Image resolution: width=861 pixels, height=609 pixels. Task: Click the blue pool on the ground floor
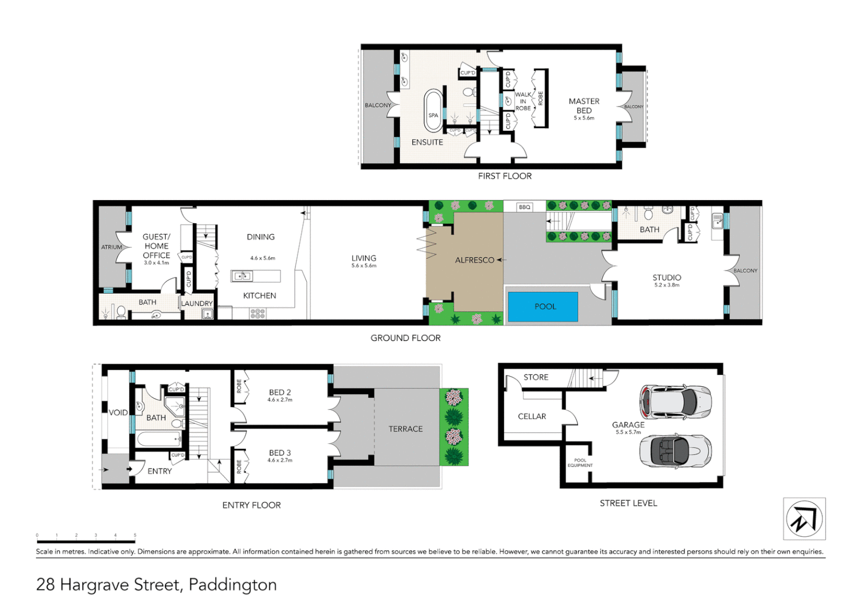[x=543, y=307]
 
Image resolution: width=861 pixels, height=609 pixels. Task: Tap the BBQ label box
[x=524, y=207]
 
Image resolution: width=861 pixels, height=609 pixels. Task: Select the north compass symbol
[x=804, y=519]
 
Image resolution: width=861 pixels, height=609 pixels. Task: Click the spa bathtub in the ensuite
[x=432, y=111]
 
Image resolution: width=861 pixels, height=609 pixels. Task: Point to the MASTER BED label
[x=584, y=106]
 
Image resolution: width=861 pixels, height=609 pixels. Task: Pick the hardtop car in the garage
[x=675, y=402]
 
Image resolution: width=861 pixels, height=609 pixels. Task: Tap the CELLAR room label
[x=532, y=416]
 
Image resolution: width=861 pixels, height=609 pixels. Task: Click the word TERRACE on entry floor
[x=405, y=429]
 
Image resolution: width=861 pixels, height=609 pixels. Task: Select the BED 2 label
[x=280, y=392]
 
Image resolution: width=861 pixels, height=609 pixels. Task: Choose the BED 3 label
[x=280, y=453]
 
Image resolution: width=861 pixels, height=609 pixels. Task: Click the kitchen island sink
[x=242, y=276]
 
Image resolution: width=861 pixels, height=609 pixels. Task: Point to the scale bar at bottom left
[x=86, y=541]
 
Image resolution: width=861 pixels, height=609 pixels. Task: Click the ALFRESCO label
[x=474, y=260]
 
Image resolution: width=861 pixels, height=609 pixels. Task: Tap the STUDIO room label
[x=666, y=277]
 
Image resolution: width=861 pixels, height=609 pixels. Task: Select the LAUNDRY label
[x=197, y=303]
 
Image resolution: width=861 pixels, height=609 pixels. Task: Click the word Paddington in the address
[x=232, y=585]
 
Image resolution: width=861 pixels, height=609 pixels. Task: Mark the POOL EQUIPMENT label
[x=580, y=463]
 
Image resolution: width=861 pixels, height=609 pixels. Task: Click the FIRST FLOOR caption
[x=505, y=176]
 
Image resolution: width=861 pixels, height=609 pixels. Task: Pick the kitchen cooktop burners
[x=258, y=314]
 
